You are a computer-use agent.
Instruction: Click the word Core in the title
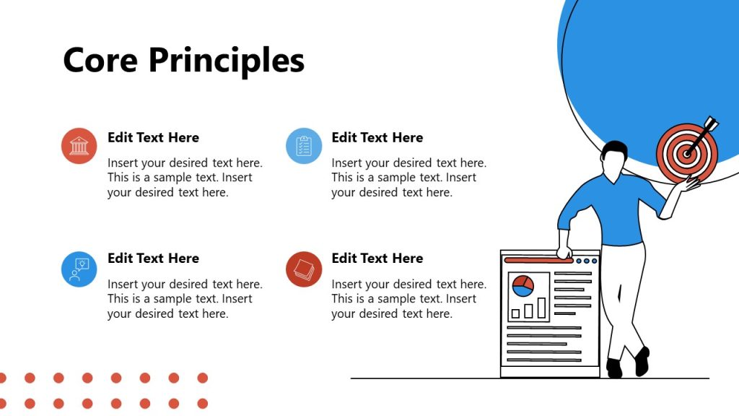point(100,60)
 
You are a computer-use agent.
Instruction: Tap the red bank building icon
point(79,146)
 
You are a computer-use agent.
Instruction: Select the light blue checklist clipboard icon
point(304,146)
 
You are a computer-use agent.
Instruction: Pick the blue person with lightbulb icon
point(79,269)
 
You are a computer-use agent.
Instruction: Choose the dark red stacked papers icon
point(304,269)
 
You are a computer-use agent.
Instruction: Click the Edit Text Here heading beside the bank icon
point(153,137)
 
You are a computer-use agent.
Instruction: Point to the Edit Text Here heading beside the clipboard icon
point(377,137)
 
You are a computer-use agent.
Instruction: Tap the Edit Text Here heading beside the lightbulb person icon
point(153,258)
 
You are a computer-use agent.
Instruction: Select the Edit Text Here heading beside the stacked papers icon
point(377,258)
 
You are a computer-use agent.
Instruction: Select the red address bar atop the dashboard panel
point(538,260)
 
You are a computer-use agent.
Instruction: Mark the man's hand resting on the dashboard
point(564,253)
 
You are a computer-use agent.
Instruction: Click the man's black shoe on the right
point(642,360)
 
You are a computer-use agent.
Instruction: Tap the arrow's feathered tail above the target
point(711,123)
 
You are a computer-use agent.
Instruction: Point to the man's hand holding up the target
point(691,186)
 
